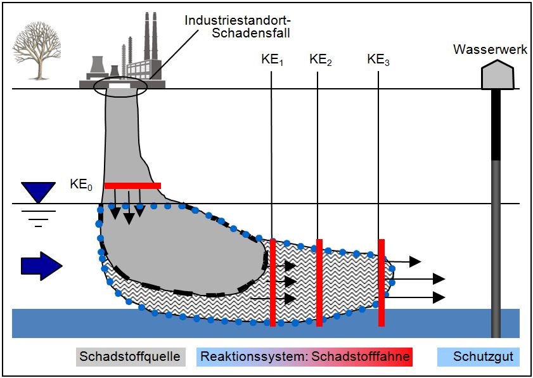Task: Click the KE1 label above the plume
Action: click(272, 61)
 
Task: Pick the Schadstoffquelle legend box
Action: click(129, 357)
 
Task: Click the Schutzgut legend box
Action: click(478, 357)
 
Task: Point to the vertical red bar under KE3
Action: click(382, 282)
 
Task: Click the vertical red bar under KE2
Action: click(319, 282)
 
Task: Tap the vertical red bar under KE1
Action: click(273, 282)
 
